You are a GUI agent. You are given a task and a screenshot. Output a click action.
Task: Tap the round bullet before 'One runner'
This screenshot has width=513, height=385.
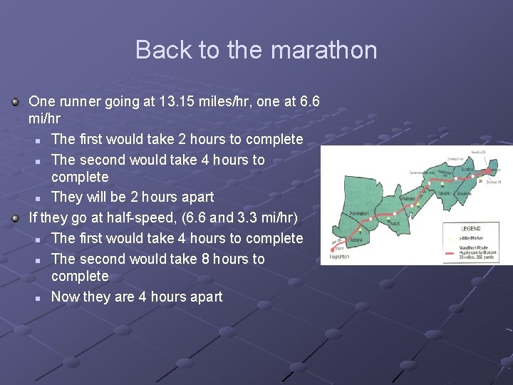pos(16,102)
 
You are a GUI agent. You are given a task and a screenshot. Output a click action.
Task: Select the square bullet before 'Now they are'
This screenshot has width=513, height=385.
pos(37,297)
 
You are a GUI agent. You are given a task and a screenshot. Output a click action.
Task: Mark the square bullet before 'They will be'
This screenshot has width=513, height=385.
pos(37,197)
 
